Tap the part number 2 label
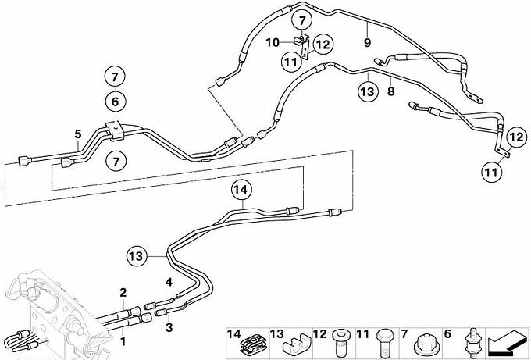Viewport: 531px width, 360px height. pos(123,293)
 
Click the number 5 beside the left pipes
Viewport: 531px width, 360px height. pos(77,134)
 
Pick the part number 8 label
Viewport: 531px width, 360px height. pos(390,91)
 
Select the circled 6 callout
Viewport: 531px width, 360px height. pos(115,101)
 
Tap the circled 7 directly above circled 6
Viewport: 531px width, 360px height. pos(115,77)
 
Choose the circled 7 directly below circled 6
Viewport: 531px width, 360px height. pos(115,161)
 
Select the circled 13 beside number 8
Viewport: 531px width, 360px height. pos(367,91)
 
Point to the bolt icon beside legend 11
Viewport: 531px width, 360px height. pos(383,343)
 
